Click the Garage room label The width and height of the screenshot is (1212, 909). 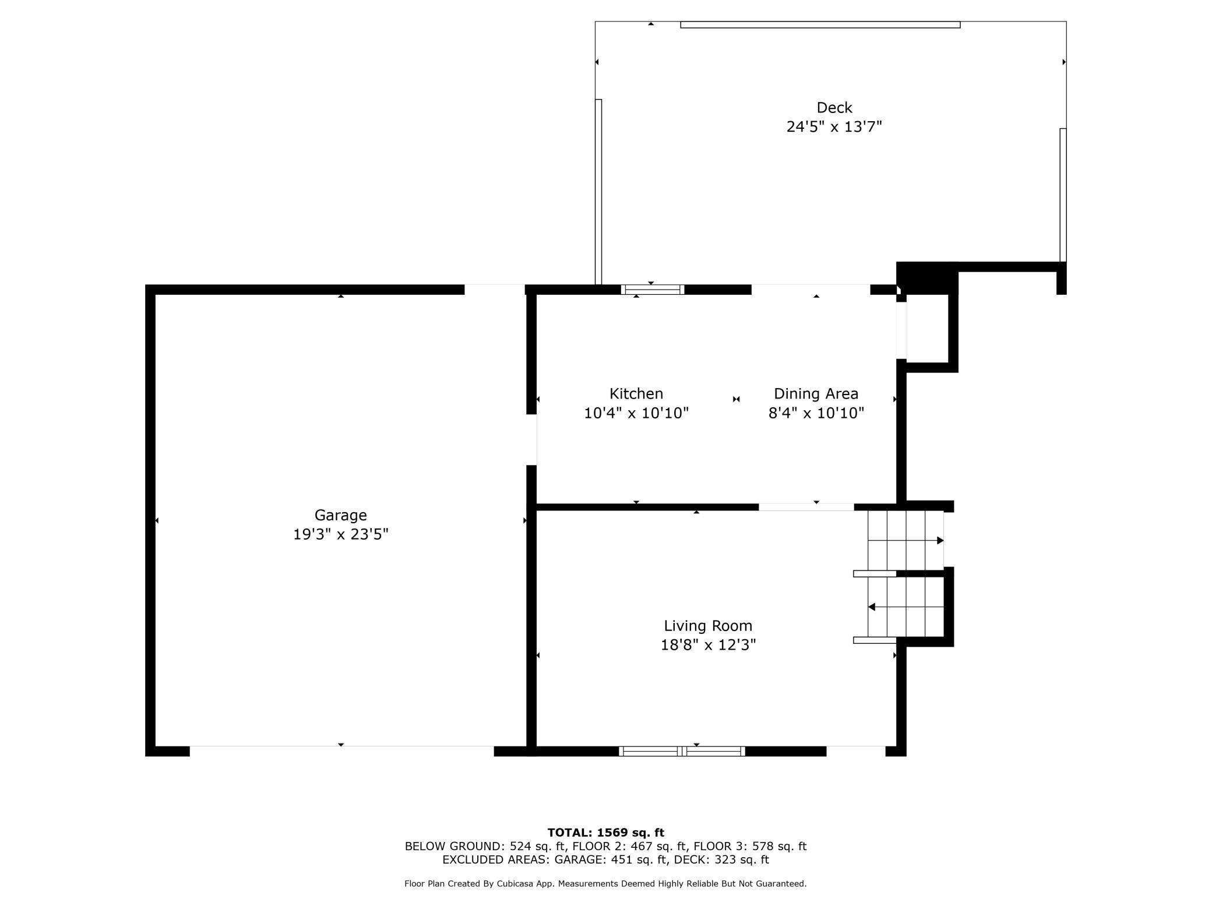[340, 515]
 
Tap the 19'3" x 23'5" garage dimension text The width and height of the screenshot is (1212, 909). [340, 534]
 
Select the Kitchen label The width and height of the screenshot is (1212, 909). [636, 394]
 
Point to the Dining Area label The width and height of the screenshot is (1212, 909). [816, 394]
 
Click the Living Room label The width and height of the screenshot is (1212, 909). [708, 626]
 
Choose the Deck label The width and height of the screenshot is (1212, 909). [834, 108]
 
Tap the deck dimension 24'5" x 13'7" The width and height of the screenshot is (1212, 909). [834, 127]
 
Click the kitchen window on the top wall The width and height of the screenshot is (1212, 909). [652, 290]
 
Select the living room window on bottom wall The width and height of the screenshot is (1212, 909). [682, 751]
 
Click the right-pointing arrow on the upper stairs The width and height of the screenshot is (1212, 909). [939, 541]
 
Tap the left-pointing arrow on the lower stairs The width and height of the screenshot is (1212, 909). [872, 607]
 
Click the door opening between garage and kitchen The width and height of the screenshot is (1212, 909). [531, 439]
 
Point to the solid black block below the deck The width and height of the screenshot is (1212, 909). [927, 278]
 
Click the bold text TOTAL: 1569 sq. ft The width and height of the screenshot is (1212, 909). [605, 833]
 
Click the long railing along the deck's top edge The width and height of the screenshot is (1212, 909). [820, 24]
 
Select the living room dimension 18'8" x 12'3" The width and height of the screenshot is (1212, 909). [708, 645]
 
